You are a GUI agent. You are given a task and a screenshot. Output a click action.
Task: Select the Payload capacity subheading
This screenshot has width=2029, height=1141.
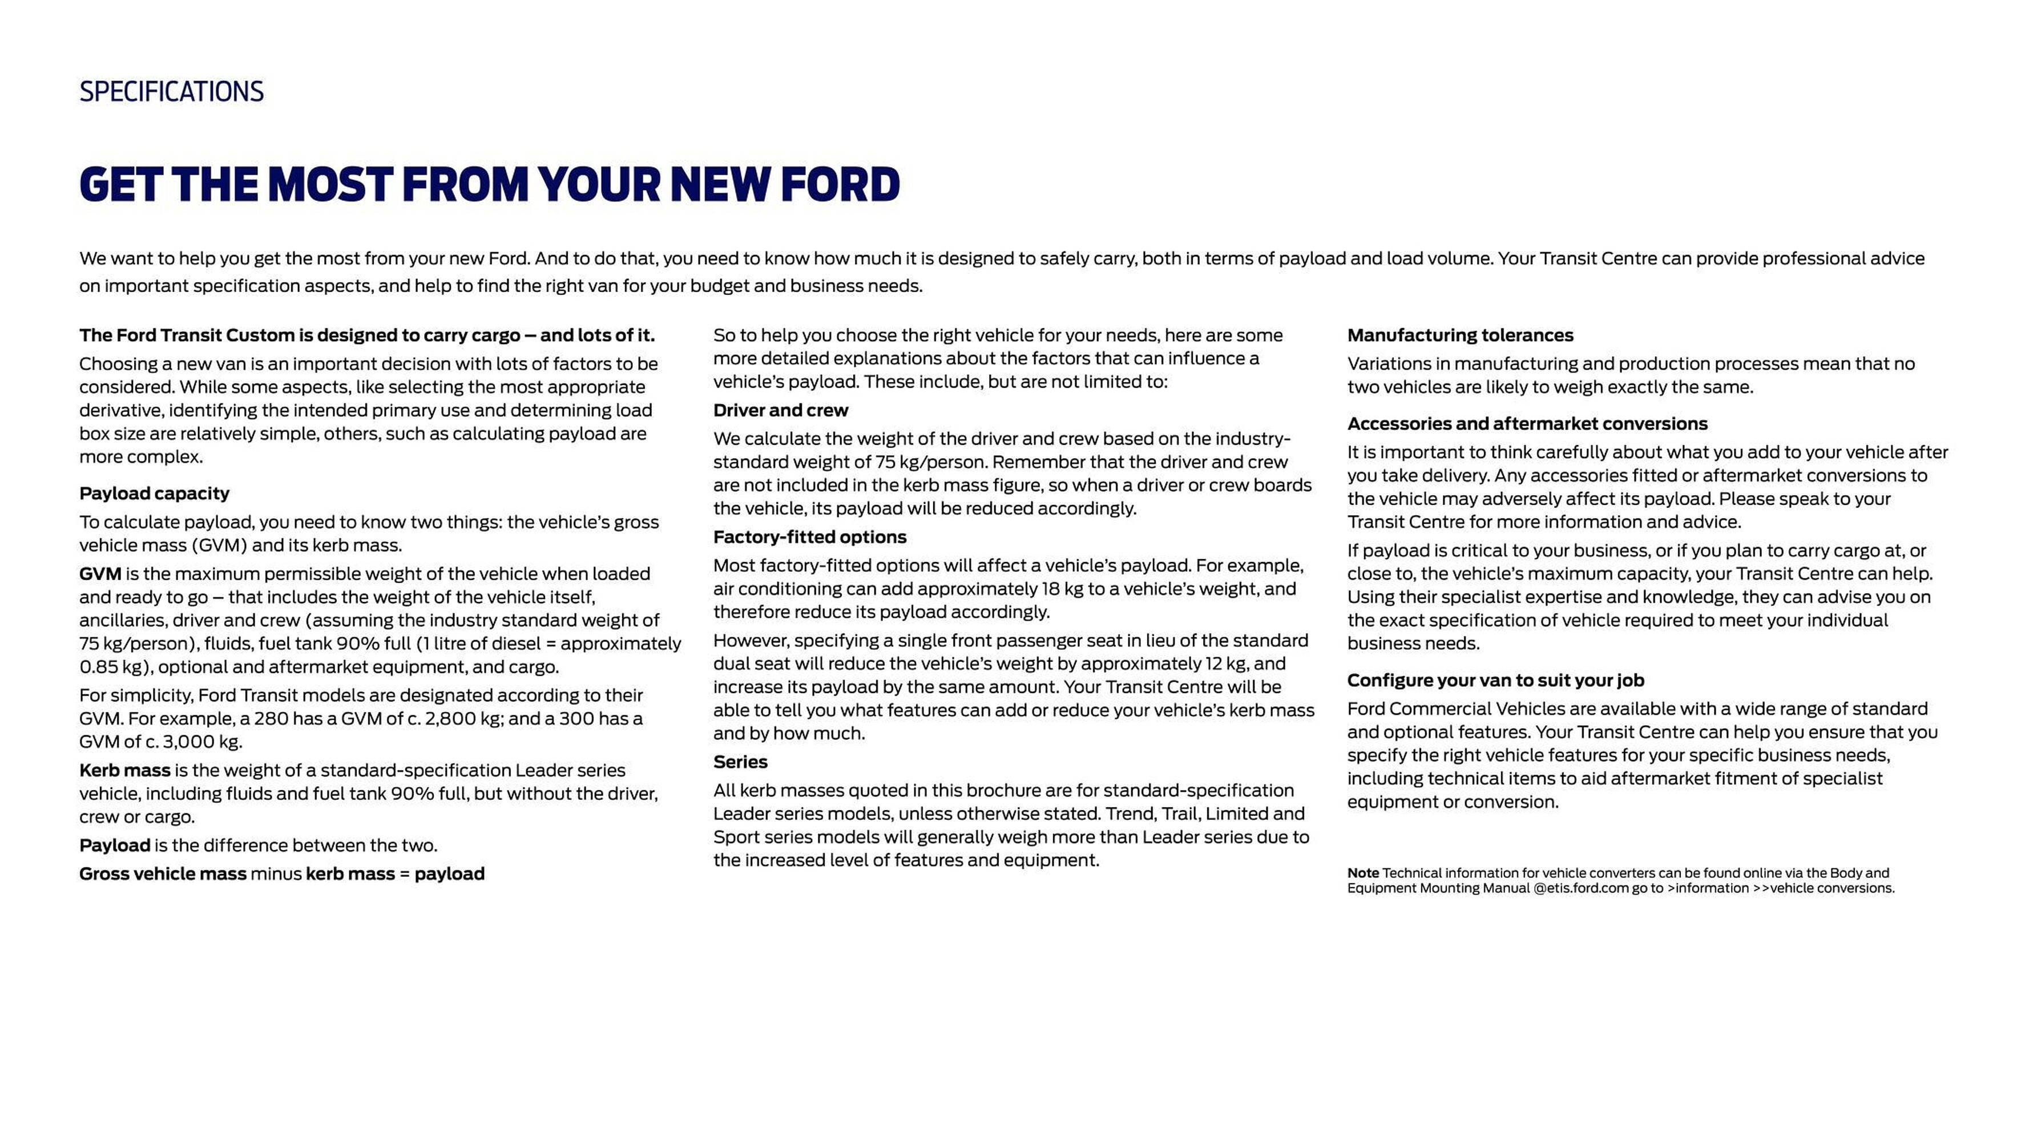pos(154,493)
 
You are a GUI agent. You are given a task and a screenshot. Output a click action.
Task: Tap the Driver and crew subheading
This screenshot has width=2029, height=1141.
pos(781,410)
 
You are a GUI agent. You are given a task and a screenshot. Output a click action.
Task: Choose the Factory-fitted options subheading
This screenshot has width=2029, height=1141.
pos(810,537)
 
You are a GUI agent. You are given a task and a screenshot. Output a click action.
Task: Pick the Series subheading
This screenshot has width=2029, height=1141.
pos(740,762)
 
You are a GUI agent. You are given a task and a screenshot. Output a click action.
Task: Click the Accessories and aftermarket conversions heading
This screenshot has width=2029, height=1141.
pos(1527,424)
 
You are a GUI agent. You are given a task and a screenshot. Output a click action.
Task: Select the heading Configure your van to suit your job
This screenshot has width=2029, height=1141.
pos(1495,681)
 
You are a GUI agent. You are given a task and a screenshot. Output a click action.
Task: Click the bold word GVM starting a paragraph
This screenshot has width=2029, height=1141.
pos(100,574)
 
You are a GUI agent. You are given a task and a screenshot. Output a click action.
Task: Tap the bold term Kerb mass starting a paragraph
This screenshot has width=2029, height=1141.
pos(124,770)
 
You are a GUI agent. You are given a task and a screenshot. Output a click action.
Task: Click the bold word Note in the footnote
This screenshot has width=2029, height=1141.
pos(1362,873)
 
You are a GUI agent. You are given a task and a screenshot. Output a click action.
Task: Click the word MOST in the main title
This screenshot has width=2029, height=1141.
pos(329,185)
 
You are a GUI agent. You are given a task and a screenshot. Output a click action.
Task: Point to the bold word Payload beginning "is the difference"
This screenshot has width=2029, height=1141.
pos(114,845)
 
